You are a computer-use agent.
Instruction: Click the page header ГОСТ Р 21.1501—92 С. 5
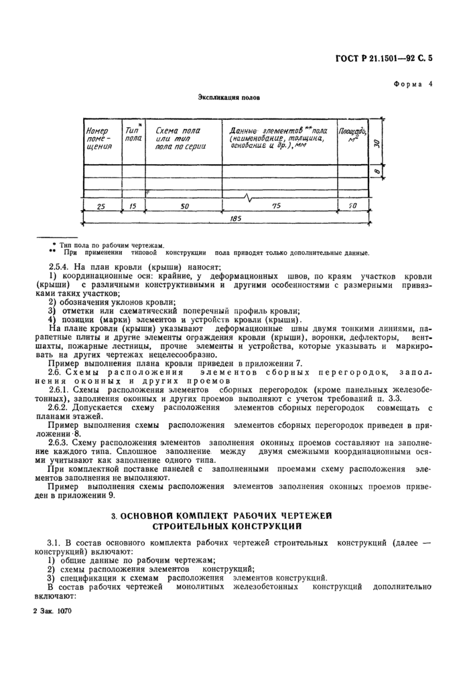pos(383,58)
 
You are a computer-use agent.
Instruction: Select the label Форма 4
pos(413,84)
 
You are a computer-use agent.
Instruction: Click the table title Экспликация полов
pos(228,97)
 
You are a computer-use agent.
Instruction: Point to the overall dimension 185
pos(233,219)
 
